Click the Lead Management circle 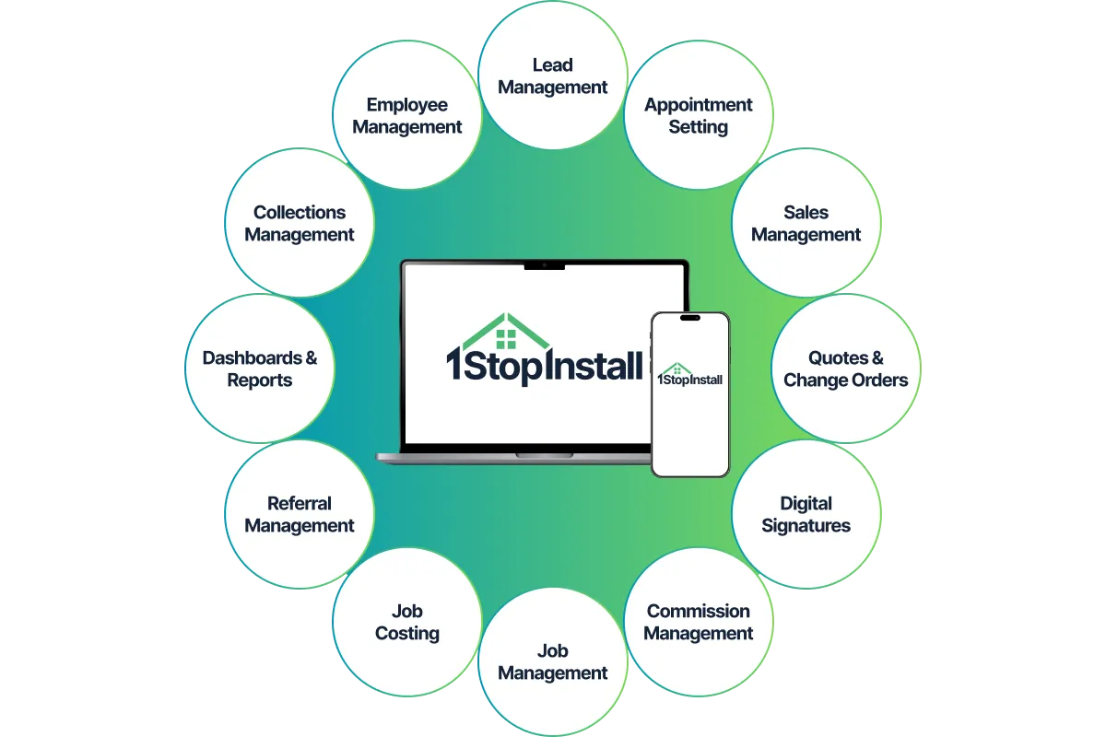[553, 76]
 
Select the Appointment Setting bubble [698, 116]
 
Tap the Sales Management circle [806, 223]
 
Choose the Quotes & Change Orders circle [845, 368]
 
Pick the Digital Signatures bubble [806, 514]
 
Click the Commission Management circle [698, 622]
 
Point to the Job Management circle [553, 661]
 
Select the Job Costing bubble [407, 622]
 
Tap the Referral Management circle [300, 514]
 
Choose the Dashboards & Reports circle [260, 368]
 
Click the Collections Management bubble [300, 223]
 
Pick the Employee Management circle [407, 116]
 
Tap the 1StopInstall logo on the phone [689, 374]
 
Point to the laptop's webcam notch [544, 266]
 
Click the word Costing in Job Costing [407, 634]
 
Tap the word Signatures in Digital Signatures [806, 526]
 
